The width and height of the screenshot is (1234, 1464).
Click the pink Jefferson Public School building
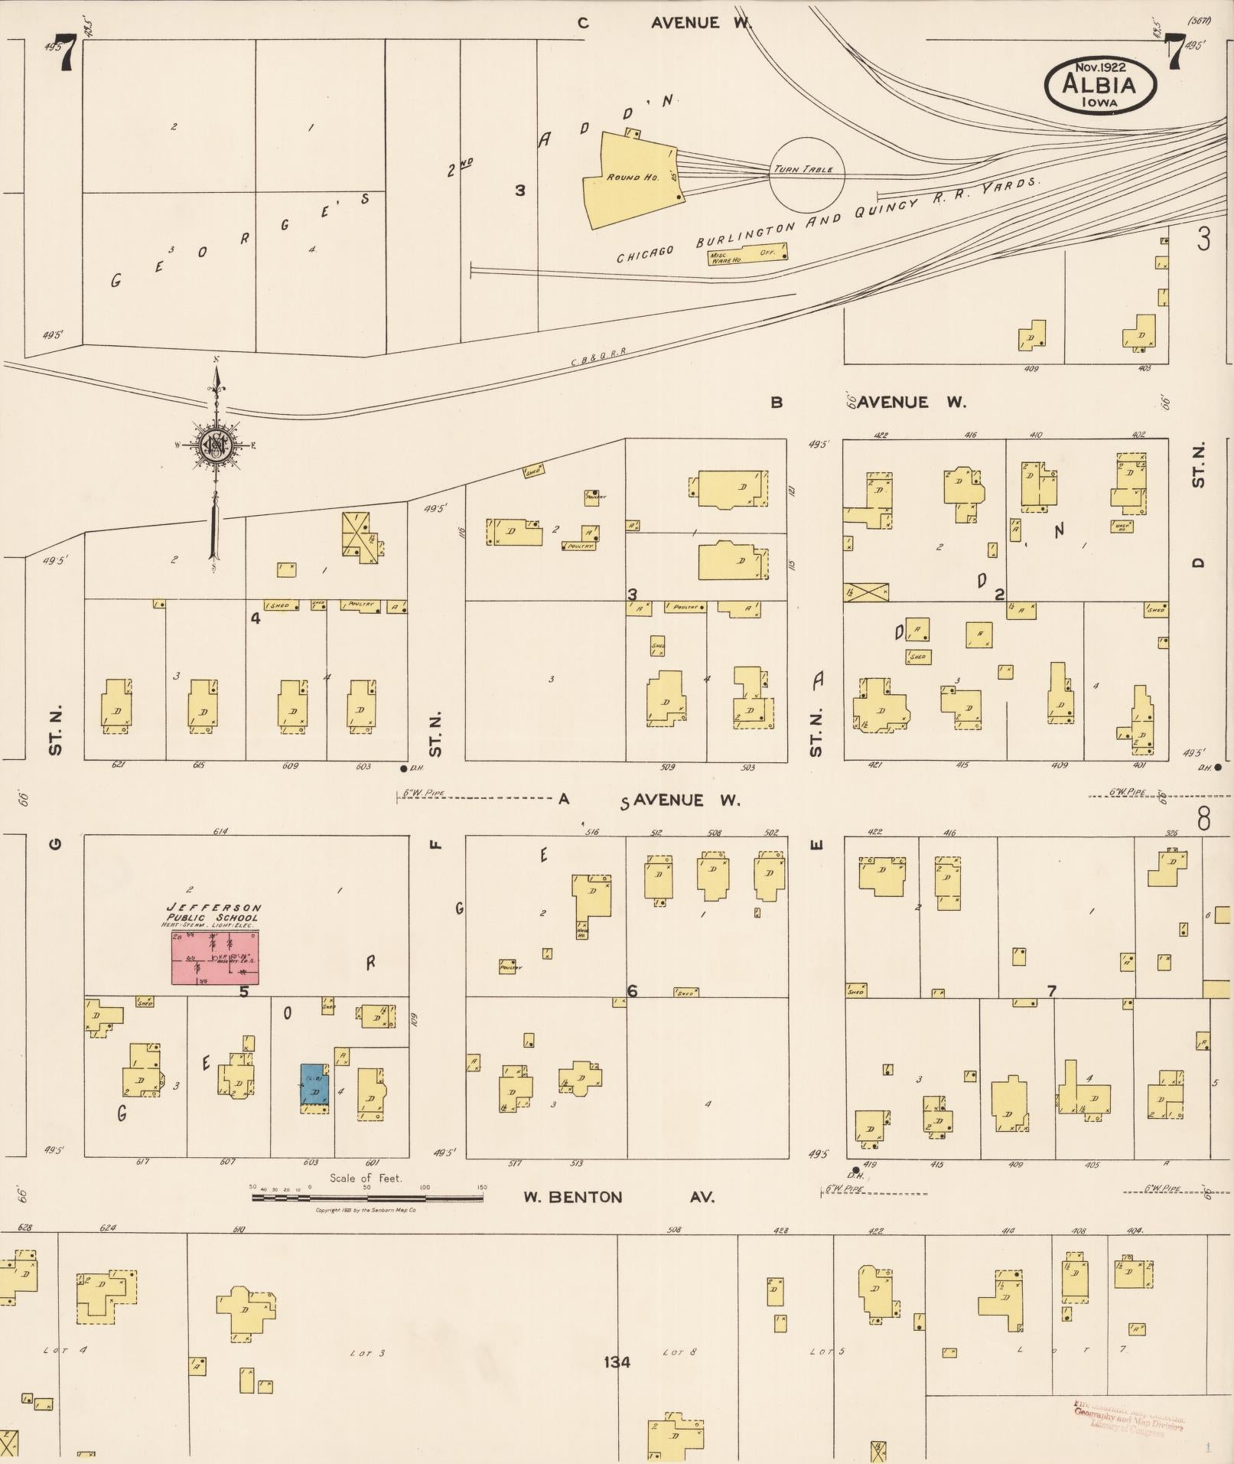214,957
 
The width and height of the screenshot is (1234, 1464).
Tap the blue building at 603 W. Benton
314,1084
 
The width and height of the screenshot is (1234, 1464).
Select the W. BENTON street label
572,1197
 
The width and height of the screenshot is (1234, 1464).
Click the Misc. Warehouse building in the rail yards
746,256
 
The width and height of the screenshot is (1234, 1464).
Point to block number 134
616,1361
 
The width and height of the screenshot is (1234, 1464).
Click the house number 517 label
514,1163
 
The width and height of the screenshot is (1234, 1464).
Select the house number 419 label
870,1165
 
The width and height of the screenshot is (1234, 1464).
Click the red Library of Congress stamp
1129,1417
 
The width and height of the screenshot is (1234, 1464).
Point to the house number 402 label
1138,435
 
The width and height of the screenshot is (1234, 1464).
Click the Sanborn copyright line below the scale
366,1210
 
